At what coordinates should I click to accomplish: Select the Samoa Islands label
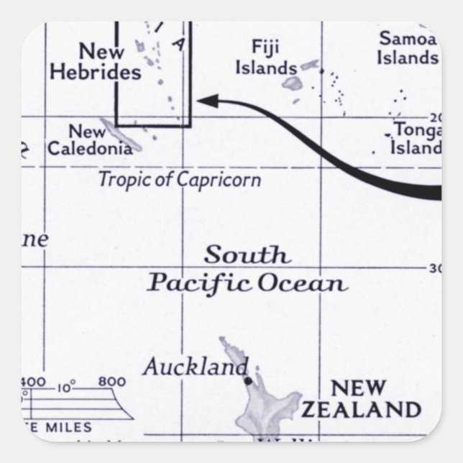point(408,47)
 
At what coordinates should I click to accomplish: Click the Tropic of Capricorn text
point(179,180)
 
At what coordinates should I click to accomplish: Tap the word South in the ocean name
point(247,255)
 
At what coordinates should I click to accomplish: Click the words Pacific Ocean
point(247,283)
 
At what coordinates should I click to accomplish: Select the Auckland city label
point(195,367)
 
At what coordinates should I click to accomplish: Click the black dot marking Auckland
point(248,380)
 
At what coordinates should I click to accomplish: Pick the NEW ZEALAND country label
point(360,399)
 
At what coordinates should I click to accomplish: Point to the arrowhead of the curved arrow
point(208,101)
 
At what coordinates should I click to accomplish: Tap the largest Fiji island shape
point(292,83)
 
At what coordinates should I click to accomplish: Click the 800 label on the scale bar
point(111,382)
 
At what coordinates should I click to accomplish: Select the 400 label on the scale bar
point(34,382)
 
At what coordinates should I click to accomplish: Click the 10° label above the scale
point(66,388)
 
